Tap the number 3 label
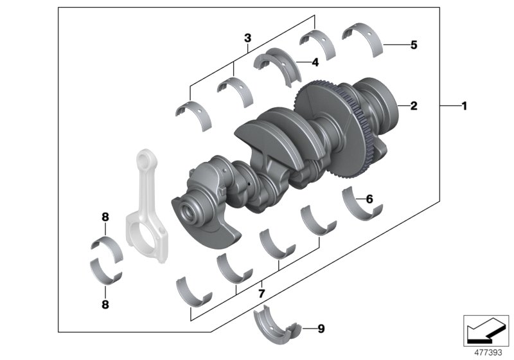(x=247, y=39)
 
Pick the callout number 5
(x=414, y=45)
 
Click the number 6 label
(x=369, y=199)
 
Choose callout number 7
(x=261, y=293)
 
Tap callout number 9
(x=321, y=329)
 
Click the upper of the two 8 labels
(x=105, y=217)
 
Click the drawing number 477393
(x=488, y=352)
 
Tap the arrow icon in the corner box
(x=486, y=330)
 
